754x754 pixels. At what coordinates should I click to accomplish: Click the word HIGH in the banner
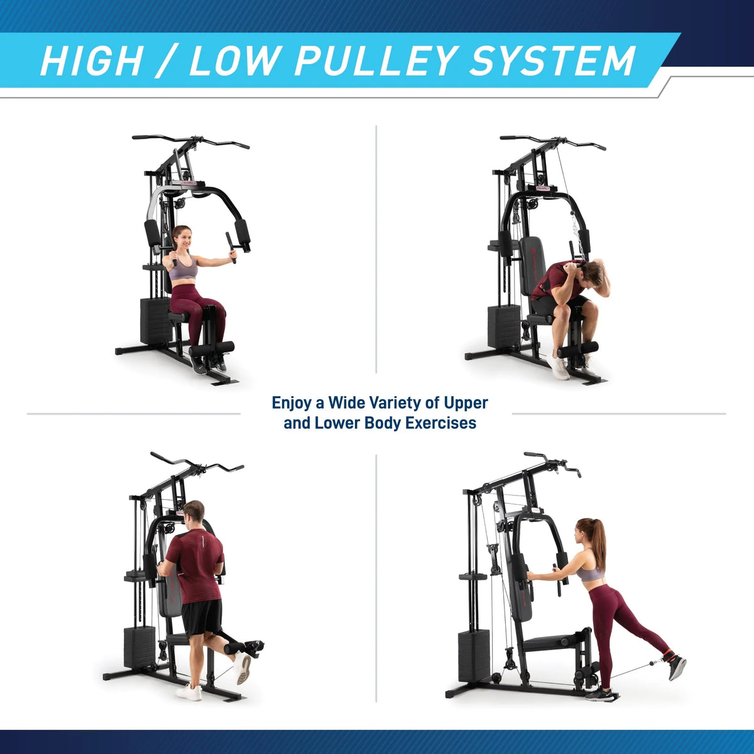pos(90,61)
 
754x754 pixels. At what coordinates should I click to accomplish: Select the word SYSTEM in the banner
pos(552,61)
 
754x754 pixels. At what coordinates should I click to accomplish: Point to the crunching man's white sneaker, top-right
pos(558,367)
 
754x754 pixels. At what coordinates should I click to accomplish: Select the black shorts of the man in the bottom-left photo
pos(202,618)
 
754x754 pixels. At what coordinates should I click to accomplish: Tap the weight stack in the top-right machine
pos(503,326)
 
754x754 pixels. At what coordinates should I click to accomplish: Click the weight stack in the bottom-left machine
pos(139,647)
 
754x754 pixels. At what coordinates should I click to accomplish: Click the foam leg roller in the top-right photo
pos(578,349)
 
